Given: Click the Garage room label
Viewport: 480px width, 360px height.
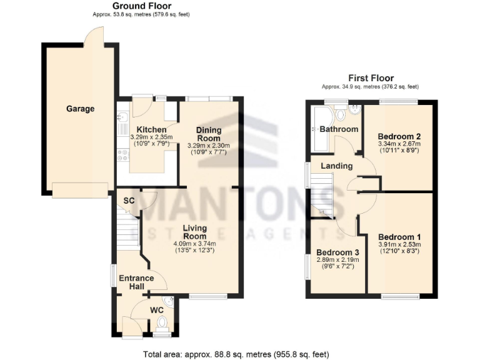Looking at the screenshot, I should [81, 109].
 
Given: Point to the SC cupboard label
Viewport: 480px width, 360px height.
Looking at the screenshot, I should [129, 201].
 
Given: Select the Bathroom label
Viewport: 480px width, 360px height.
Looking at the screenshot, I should [339, 129].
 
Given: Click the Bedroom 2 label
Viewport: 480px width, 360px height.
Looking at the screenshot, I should [397, 136].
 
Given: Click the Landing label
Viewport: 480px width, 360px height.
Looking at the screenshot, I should [337, 166].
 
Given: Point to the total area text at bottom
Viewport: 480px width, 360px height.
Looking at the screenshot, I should [236, 354].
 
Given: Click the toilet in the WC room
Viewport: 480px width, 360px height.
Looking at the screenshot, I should [163, 324].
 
